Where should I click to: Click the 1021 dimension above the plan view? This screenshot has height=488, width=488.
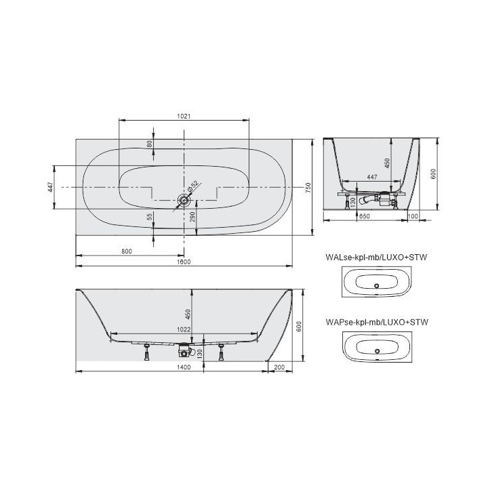click(x=184, y=116)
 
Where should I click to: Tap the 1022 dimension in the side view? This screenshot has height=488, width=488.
click(x=184, y=330)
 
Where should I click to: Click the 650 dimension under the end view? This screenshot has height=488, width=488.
click(x=363, y=216)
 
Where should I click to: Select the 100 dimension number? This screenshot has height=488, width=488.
click(x=413, y=216)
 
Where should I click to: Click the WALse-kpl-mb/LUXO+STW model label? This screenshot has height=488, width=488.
click(x=380, y=258)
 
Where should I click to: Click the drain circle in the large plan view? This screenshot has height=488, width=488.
click(x=183, y=200)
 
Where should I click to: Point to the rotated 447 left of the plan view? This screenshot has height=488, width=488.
click(x=50, y=187)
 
